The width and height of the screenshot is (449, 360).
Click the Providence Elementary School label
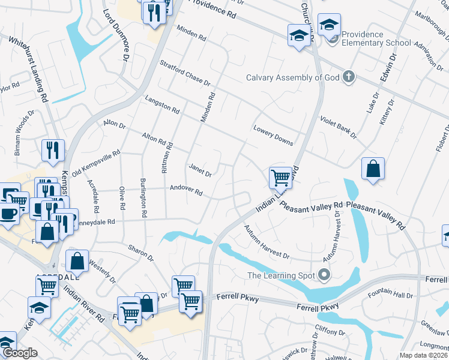pyautogui.click(x=376, y=38)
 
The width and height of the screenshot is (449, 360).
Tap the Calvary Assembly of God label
pyautogui.click(x=293, y=77)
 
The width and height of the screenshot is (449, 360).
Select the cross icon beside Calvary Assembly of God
pyautogui.click(x=349, y=77)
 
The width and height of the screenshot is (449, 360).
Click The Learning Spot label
pyautogui.click(x=282, y=276)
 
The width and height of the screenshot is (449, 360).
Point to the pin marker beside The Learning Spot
pyautogui.click(x=325, y=276)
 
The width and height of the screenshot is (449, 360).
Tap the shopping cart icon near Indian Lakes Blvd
pyautogui.click(x=280, y=178)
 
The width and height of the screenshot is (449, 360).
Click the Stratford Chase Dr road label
pyautogui.click(x=185, y=73)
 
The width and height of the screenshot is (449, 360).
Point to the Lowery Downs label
pyautogui.click(x=273, y=136)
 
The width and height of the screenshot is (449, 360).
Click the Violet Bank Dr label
pyautogui.click(x=338, y=128)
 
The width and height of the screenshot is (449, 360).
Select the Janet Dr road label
pyautogui.click(x=200, y=170)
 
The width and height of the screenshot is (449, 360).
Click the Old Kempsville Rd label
pyautogui.click(x=96, y=164)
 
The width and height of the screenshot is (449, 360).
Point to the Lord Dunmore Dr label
pyautogui.click(x=116, y=35)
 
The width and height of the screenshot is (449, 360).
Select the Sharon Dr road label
pyautogui.click(x=140, y=252)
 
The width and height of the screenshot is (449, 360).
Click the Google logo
pyautogui.click(x=19, y=353)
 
